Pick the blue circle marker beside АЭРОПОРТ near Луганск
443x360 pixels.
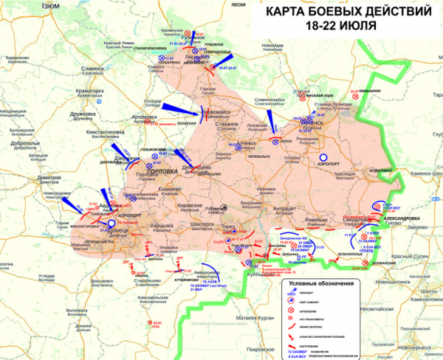(310, 158)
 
